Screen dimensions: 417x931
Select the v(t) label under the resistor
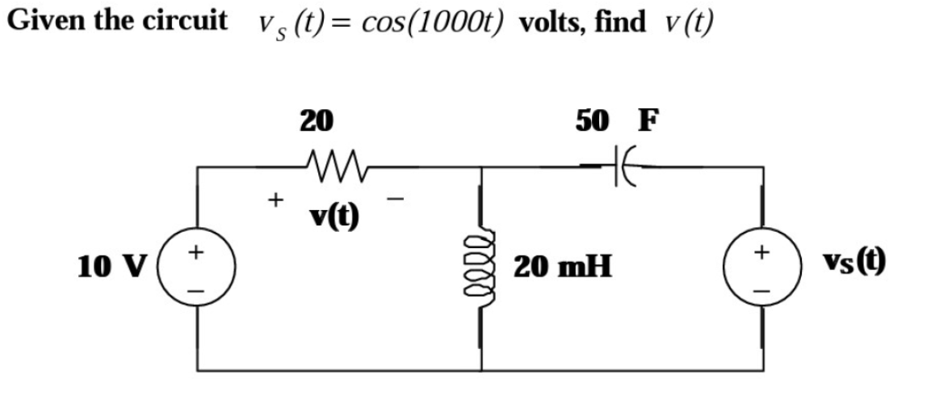coord(334,217)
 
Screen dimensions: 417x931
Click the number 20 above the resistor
coord(316,120)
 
